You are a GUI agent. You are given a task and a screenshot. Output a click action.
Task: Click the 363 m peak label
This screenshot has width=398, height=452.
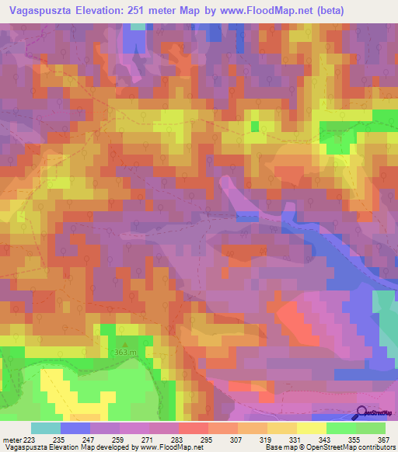pyautogui.click(x=125, y=354)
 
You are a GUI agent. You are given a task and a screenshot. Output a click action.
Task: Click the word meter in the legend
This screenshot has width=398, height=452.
pyautogui.click(x=11, y=440)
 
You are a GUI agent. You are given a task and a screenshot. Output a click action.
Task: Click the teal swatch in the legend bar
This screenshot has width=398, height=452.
pyautogui.click(x=46, y=428)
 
